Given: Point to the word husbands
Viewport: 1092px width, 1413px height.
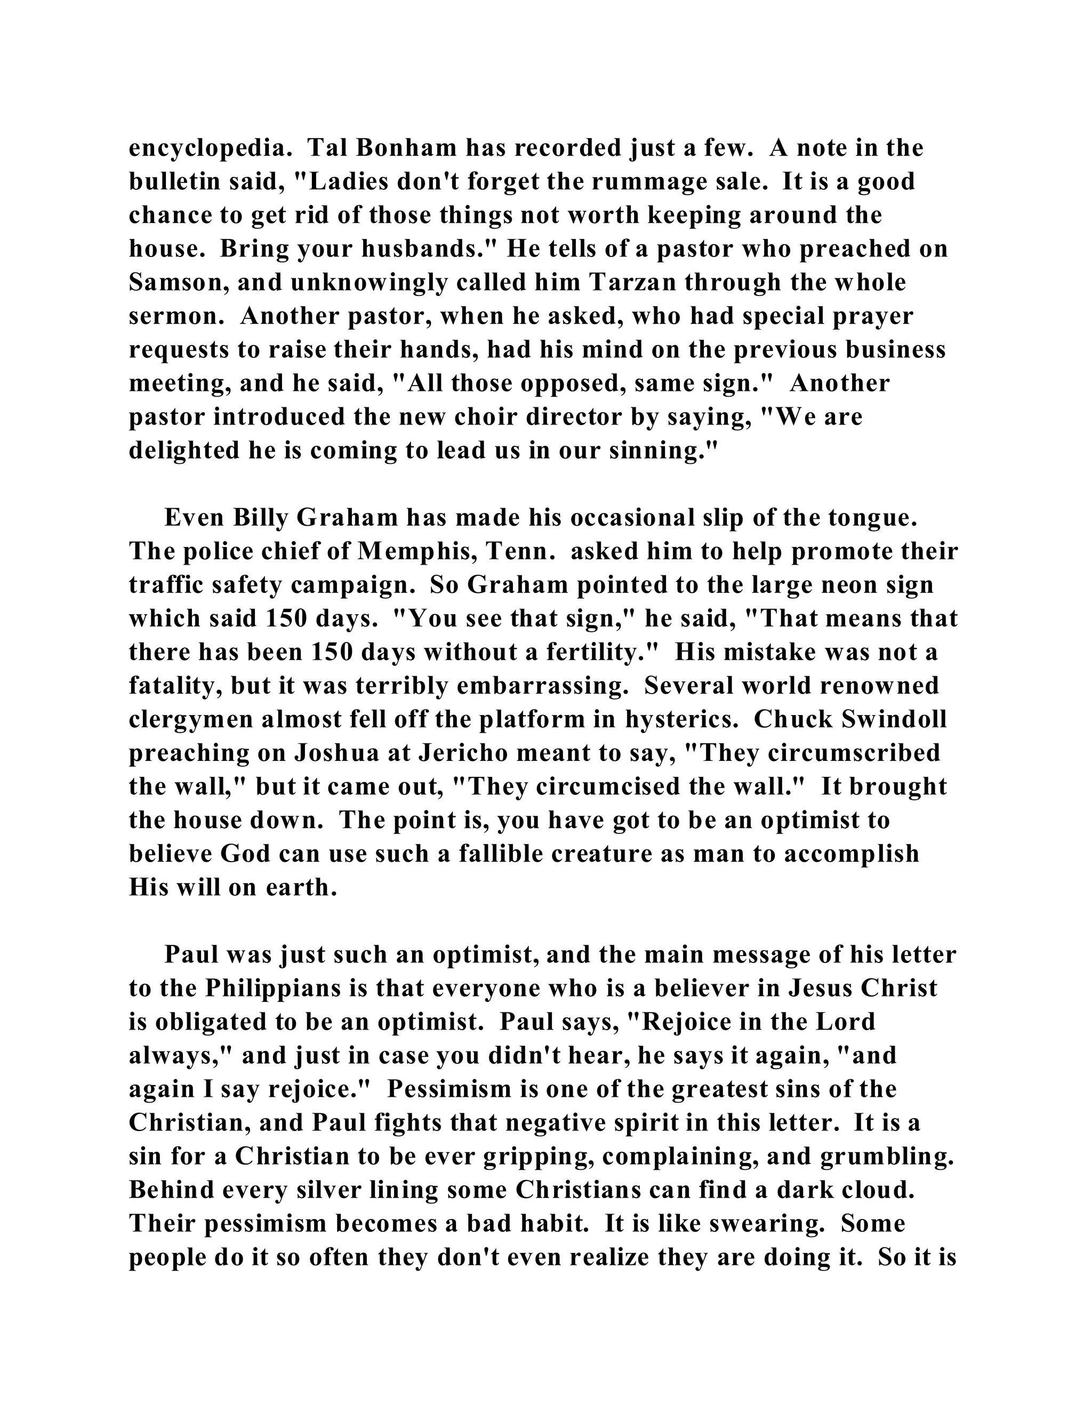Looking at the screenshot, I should click(x=428, y=249).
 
